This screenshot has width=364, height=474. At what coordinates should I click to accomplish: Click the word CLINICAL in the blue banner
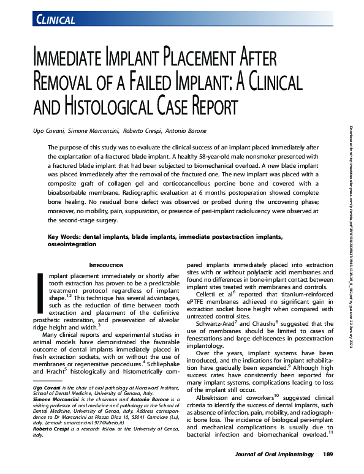[56, 20]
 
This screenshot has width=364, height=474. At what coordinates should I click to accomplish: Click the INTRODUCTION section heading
[106, 265]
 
